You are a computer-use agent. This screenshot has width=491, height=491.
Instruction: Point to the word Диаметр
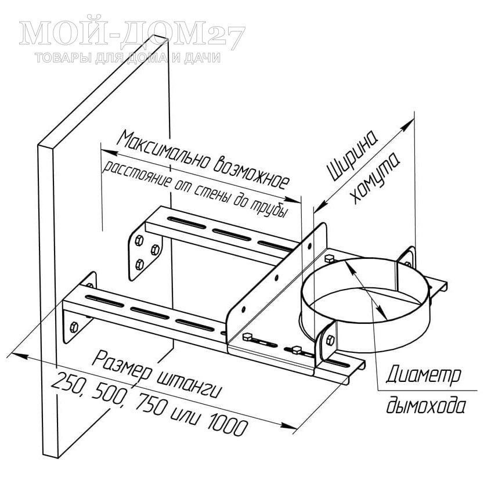point(423,375)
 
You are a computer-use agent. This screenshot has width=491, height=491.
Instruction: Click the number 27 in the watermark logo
point(226,37)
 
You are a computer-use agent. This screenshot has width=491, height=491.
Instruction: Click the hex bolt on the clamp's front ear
point(331,340)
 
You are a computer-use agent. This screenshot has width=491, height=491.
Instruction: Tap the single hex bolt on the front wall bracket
point(74,327)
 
